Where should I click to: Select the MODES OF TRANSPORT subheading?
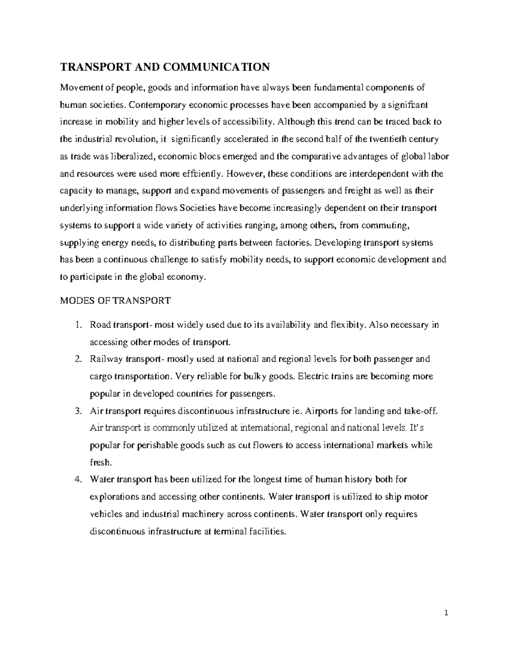pyautogui.click(x=115, y=301)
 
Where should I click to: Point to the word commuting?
pyautogui.click(x=388, y=225)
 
